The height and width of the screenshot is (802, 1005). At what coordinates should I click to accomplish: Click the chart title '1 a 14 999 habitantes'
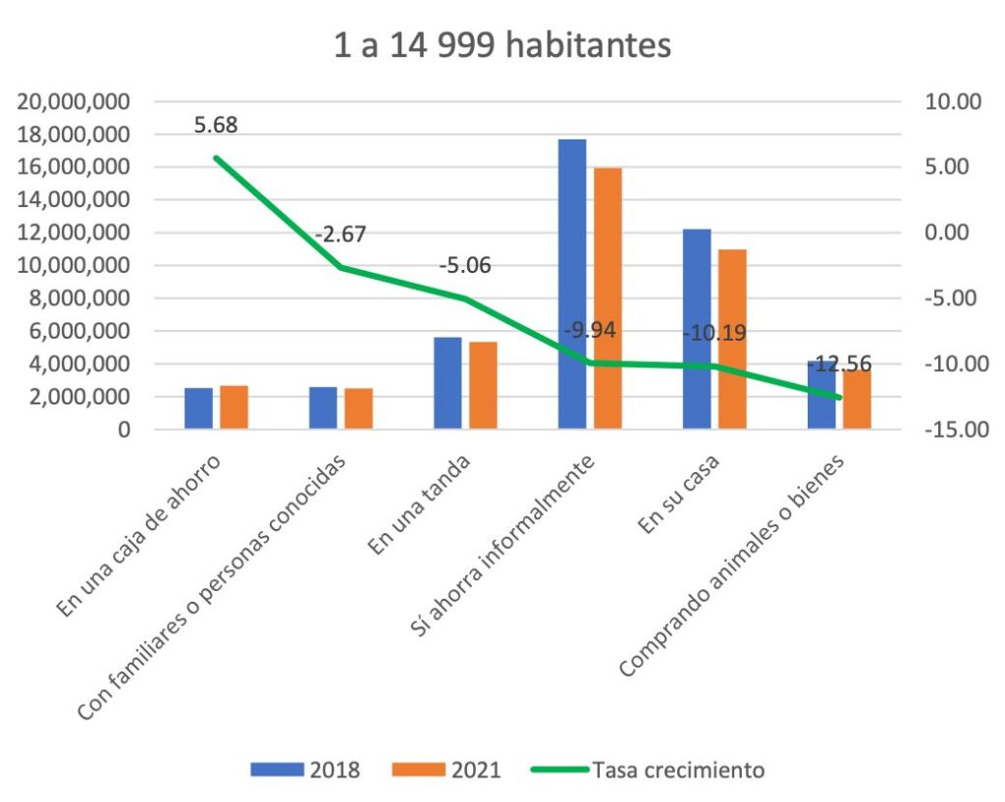click(x=502, y=45)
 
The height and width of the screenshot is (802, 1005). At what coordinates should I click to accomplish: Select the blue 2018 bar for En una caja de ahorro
click(x=198, y=408)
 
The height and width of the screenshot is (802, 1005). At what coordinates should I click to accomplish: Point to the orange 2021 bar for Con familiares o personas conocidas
click(x=358, y=408)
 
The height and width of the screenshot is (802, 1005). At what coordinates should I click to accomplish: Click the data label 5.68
click(x=216, y=126)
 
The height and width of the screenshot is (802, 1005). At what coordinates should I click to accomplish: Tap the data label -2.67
click(x=341, y=235)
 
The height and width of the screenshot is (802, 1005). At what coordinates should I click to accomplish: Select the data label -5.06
click(x=465, y=266)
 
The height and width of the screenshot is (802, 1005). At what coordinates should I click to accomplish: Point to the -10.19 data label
click(x=714, y=334)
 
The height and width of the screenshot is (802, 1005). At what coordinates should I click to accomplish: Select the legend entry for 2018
click(x=305, y=770)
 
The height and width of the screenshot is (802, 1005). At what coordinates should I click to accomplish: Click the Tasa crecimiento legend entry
click(x=648, y=770)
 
